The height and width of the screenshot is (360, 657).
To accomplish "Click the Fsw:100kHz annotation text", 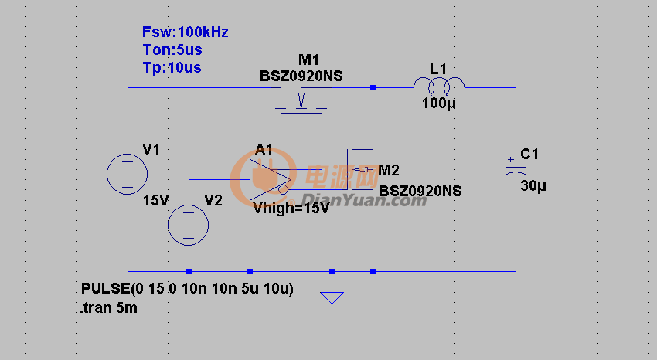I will (186, 32).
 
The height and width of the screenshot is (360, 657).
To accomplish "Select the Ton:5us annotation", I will (172, 50).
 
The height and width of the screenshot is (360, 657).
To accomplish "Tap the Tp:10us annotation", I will (172, 67).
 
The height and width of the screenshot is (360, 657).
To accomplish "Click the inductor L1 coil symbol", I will (438, 83).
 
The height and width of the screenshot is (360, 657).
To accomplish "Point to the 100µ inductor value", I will (438, 104).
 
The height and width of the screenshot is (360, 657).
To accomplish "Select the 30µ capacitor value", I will (533, 186).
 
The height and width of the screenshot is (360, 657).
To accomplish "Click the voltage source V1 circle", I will (127, 173).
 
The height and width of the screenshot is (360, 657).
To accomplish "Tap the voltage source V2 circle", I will (189, 226).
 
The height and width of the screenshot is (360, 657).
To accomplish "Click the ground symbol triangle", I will (332, 296).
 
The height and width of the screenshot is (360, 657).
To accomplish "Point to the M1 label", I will (308, 60).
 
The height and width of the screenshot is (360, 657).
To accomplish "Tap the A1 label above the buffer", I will (264, 149).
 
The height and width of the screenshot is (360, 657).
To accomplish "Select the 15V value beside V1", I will (155, 200).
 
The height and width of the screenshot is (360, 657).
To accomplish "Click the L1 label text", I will (438, 69).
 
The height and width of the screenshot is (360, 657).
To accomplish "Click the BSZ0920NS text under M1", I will (301, 76).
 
